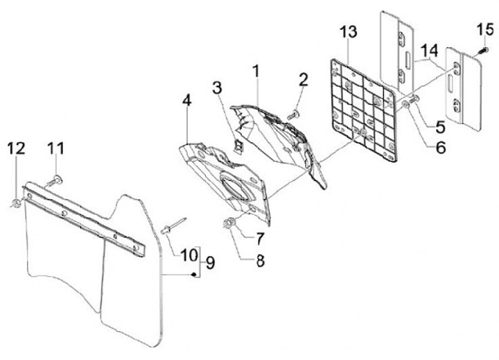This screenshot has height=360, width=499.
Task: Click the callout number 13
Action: (349, 32)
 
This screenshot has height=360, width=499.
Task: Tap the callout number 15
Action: (484, 30)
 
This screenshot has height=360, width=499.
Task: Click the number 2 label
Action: (303, 80)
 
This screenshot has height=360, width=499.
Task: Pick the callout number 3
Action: (217, 88)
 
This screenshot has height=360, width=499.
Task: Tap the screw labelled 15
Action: (478, 53)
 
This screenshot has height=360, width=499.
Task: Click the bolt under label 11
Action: (54, 180)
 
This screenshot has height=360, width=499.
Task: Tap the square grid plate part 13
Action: (364, 111)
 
